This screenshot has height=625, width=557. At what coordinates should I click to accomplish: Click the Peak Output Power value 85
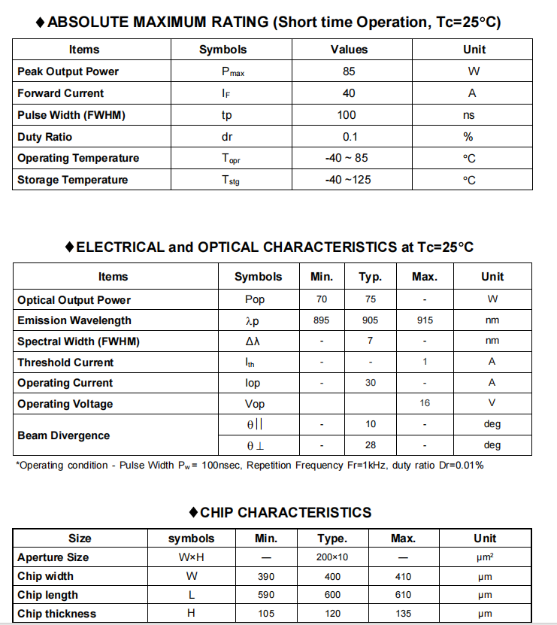(x=349, y=71)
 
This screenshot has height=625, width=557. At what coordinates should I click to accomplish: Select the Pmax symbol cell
(x=232, y=72)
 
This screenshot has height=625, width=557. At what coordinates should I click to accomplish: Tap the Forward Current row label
(x=61, y=93)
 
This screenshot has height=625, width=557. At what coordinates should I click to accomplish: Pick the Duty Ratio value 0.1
(x=350, y=137)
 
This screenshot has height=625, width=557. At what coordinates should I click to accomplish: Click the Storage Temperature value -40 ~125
(x=348, y=180)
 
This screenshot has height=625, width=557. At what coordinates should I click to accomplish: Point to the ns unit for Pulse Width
(x=469, y=115)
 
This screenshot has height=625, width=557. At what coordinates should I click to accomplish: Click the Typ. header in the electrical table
(x=370, y=277)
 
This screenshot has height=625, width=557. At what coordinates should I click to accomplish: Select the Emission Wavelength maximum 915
(x=425, y=320)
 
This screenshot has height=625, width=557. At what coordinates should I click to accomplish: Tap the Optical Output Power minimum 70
(x=322, y=299)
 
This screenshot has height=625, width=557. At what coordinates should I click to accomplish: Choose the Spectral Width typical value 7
(x=370, y=341)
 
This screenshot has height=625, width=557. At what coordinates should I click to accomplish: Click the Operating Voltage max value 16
(x=425, y=403)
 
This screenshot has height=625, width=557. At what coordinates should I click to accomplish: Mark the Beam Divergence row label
(x=64, y=435)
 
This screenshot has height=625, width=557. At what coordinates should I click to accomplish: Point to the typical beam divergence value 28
(x=371, y=444)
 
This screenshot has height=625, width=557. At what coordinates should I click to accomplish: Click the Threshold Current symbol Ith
(x=250, y=362)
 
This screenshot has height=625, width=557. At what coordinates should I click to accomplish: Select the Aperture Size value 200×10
(x=331, y=557)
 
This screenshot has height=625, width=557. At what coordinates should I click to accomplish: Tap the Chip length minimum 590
(x=266, y=595)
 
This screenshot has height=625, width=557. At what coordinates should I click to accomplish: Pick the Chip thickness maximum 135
(x=403, y=614)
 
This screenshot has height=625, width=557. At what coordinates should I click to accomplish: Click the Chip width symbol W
(x=191, y=576)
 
